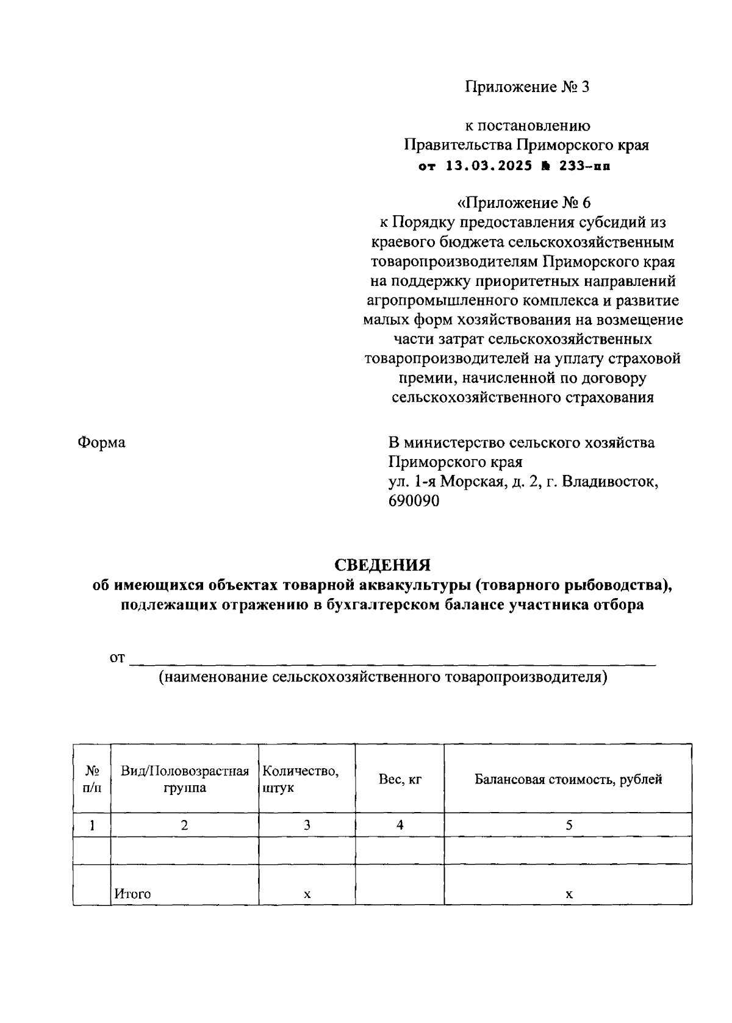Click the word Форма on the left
[101, 443]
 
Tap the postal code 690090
[414, 501]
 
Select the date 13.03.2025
[489, 165]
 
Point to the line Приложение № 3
[528, 87]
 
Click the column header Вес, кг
[400, 779]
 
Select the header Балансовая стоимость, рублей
[568, 779]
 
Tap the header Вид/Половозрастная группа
[184, 779]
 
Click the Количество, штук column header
[300, 779]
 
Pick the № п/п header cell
[92, 779]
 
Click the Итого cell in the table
[132, 894]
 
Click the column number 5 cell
[569, 825]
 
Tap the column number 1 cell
[92, 825]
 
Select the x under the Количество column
[307, 894]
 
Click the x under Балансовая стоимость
[569, 894]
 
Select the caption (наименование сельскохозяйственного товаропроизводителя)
[383, 677]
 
